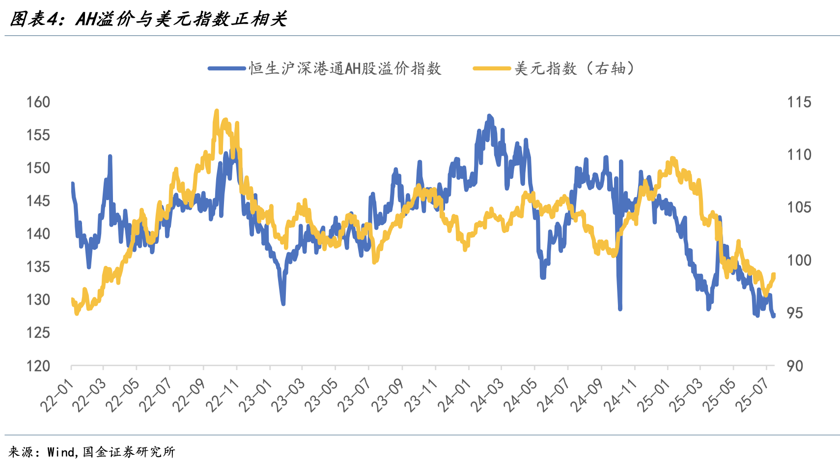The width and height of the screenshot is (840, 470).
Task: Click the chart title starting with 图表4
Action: point(148,19)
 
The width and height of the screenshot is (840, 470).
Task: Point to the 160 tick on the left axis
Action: point(38,102)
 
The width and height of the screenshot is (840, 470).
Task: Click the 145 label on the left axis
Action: point(38,201)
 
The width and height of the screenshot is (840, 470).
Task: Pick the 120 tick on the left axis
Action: point(38,366)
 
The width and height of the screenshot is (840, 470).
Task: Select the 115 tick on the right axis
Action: point(799,102)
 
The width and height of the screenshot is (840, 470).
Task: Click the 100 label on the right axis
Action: point(799,260)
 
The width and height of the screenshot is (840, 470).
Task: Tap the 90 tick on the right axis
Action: point(795,366)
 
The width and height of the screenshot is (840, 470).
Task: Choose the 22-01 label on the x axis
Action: point(56,396)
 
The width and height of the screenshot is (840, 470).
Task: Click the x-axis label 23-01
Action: point(255,396)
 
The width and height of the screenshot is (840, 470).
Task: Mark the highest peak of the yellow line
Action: point(217,111)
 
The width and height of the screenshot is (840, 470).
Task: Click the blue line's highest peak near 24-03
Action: point(489,116)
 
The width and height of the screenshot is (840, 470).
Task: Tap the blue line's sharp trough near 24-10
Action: point(620,308)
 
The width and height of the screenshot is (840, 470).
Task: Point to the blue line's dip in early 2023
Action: point(283,303)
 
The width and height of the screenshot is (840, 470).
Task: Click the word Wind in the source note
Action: point(61,452)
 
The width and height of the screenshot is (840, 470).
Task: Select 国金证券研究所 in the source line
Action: point(129,452)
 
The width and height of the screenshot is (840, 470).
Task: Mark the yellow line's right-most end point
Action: point(774,275)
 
